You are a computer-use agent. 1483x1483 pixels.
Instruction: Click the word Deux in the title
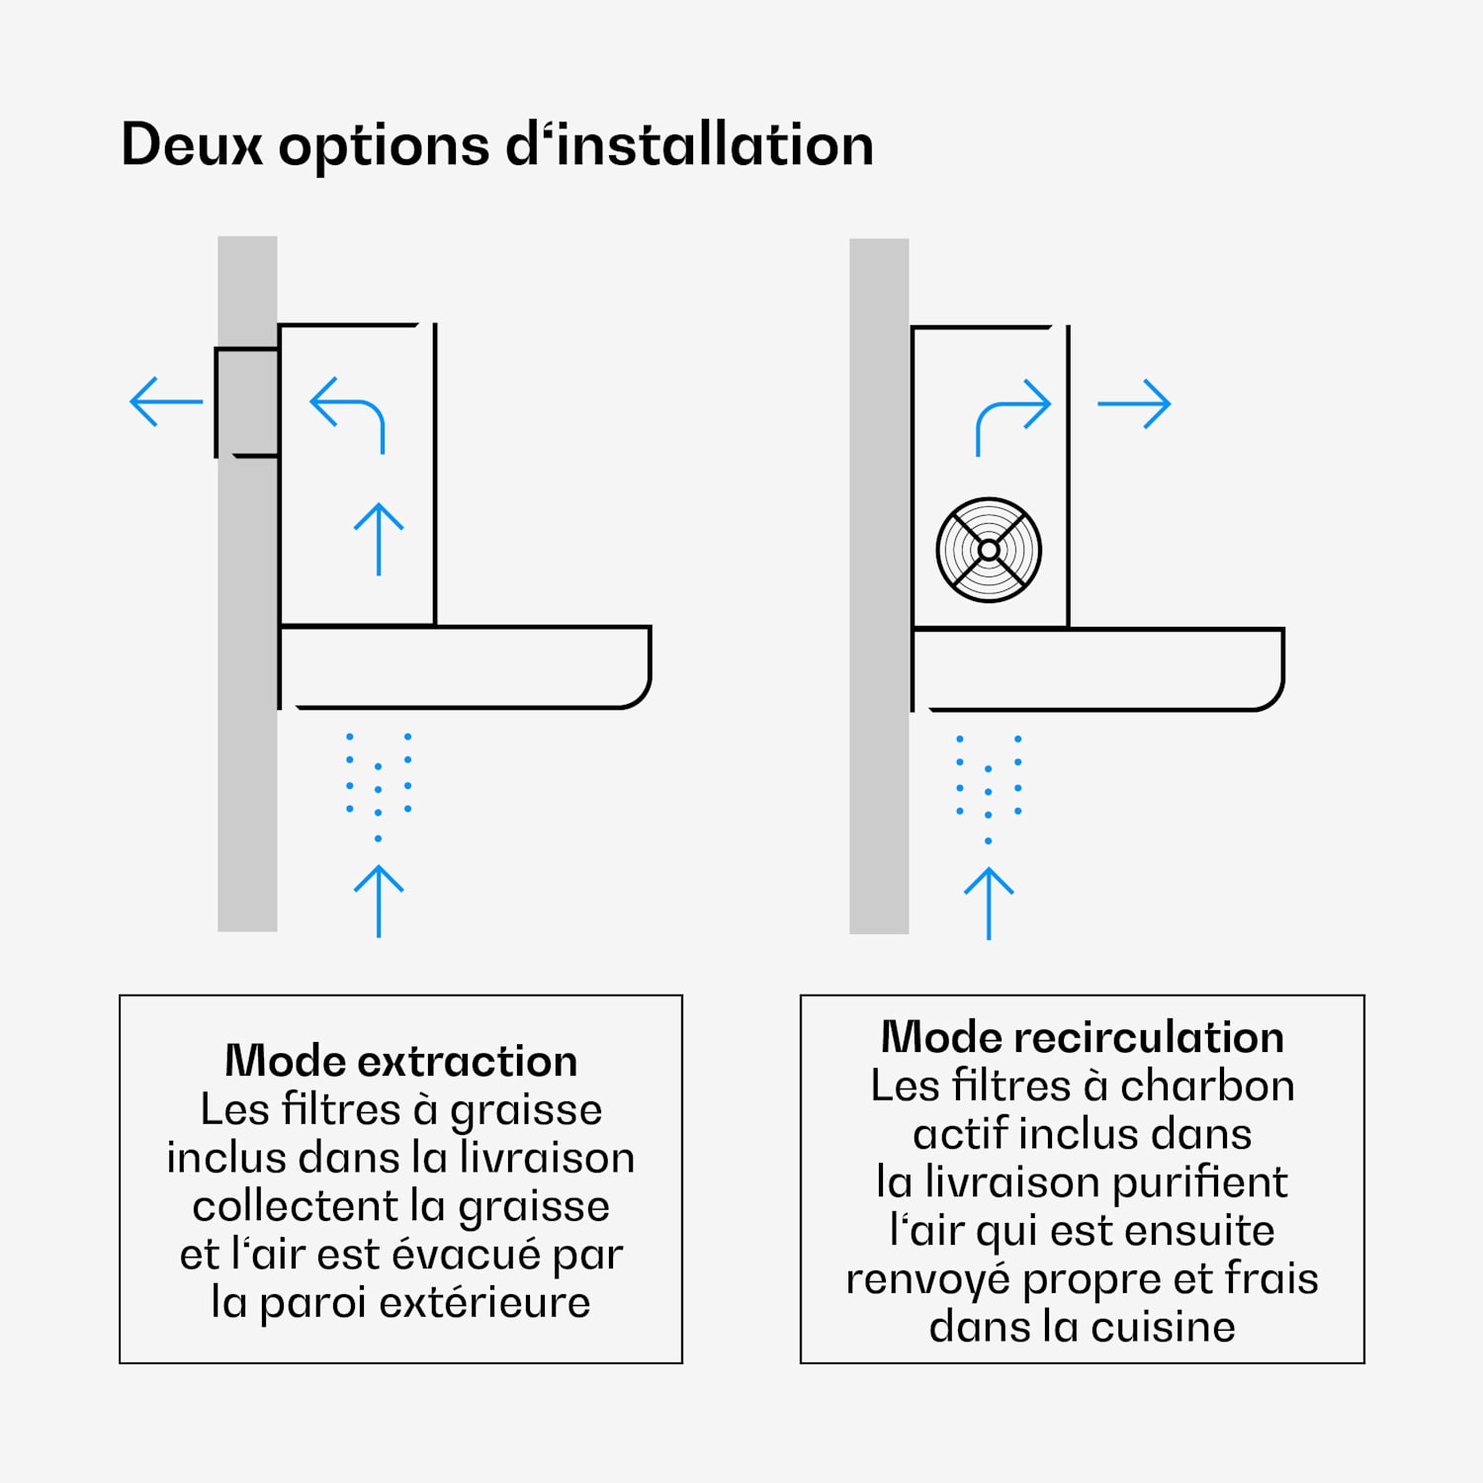point(192,144)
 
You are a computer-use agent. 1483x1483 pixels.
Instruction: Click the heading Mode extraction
point(400,1061)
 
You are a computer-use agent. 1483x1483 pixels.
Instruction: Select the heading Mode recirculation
point(1083,1037)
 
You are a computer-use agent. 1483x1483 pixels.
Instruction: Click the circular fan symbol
point(989,550)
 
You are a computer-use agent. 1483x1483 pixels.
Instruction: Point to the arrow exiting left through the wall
point(166,401)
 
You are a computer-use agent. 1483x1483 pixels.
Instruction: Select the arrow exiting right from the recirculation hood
point(1134,403)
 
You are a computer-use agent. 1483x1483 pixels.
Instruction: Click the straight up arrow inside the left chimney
point(379,540)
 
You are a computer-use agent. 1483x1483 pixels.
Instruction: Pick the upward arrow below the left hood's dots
point(379,901)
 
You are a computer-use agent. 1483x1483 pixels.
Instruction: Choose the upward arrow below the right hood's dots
point(989,904)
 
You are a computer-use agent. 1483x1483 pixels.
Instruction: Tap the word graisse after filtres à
point(526,1112)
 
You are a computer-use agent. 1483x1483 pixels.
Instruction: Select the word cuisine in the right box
point(1163,1327)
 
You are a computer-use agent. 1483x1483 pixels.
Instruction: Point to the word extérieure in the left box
point(484,1302)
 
